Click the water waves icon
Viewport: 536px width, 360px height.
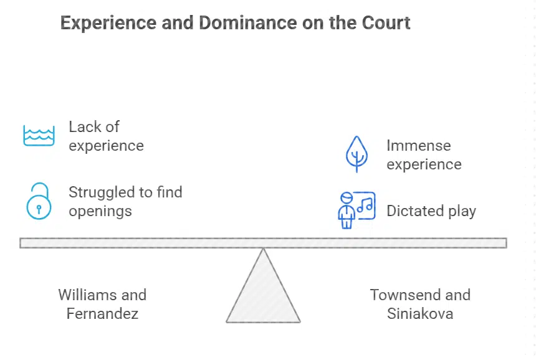click(39, 135)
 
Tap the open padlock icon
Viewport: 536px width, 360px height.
click(39, 201)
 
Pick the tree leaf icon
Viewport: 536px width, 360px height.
click(357, 154)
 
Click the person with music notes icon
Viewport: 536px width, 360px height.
click(355, 210)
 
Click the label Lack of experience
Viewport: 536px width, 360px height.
click(106, 136)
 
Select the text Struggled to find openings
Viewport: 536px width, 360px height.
click(125, 201)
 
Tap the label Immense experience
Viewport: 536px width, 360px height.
click(424, 154)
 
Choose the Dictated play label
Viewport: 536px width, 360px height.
click(431, 211)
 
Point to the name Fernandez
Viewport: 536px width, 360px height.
click(102, 313)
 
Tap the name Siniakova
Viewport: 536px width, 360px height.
click(420, 313)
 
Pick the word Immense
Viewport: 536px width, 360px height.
click(418, 146)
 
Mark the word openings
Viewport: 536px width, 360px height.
click(100, 211)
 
